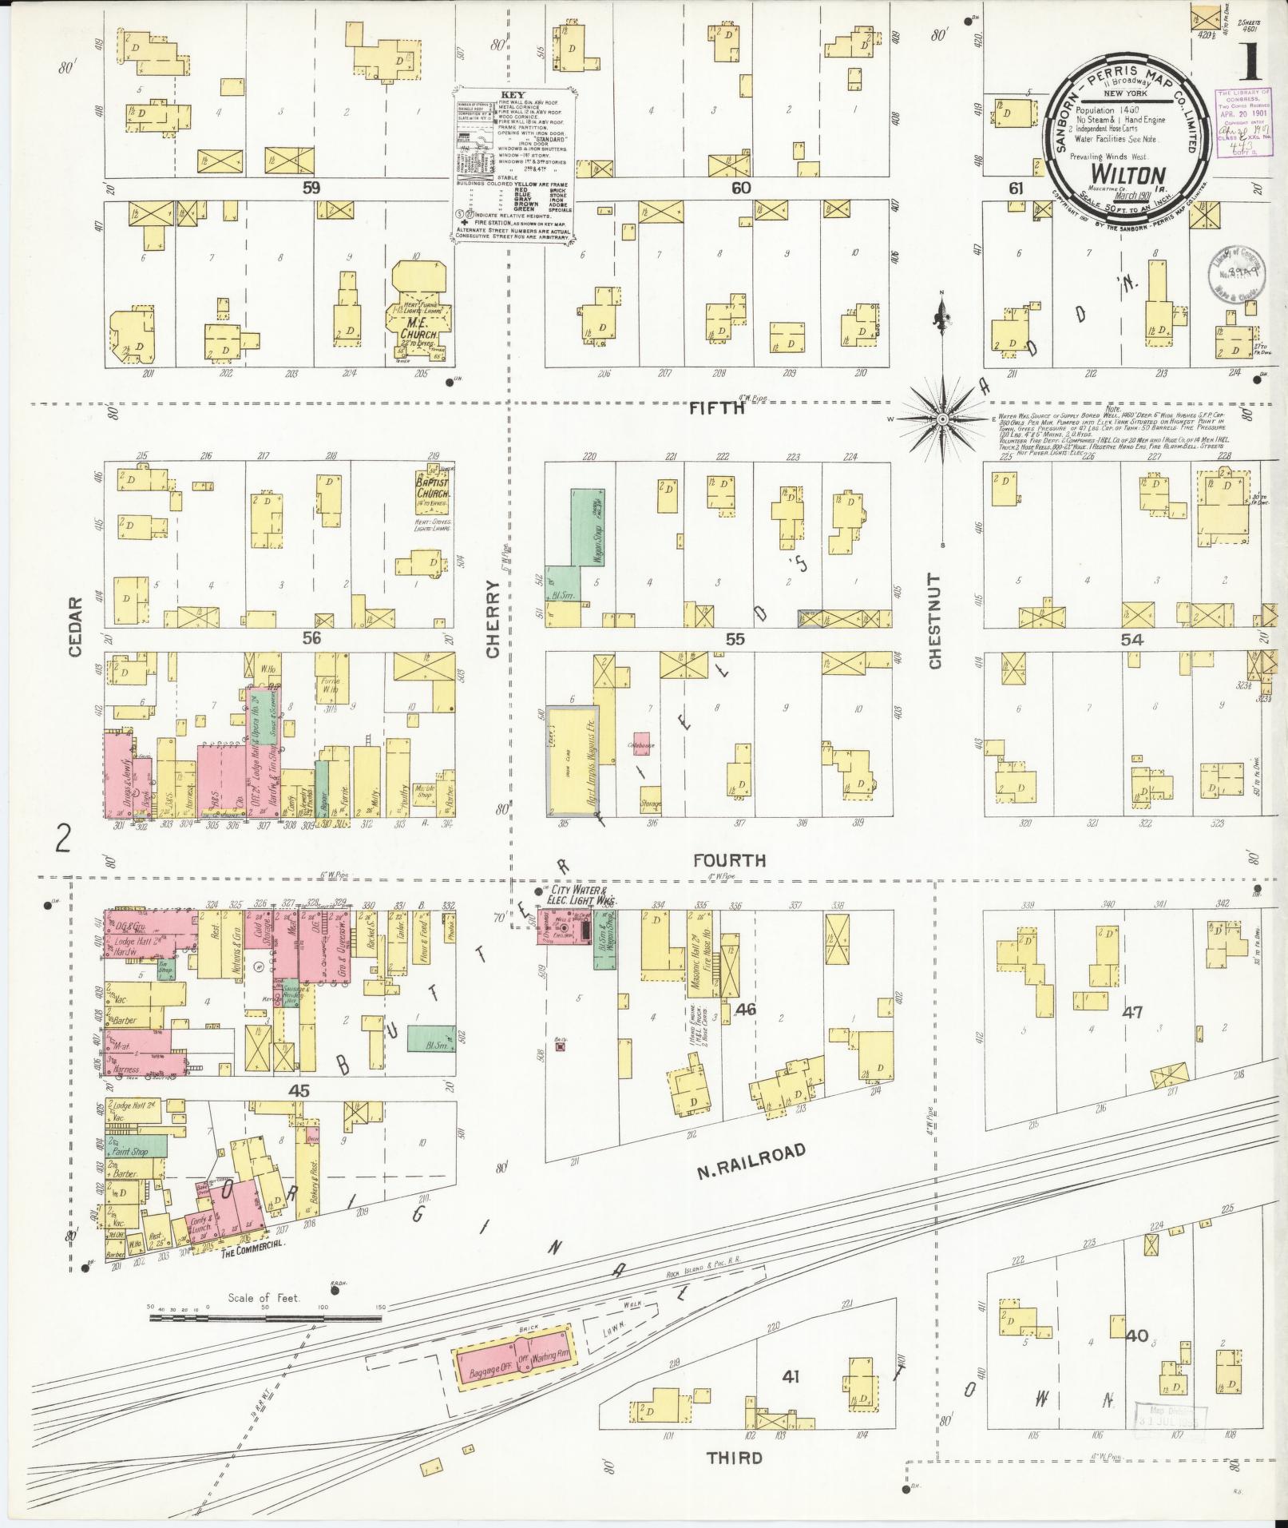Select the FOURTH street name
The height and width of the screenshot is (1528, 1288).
pos(729,860)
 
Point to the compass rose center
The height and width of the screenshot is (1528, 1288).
pos(942,419)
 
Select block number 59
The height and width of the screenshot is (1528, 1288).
pos(311,189)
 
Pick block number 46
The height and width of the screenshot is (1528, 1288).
pos(745,1010)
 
